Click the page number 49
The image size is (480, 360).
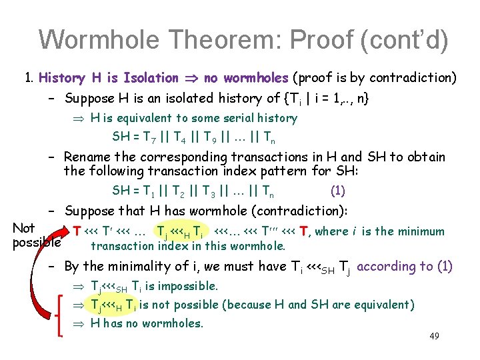(x=434, y=335)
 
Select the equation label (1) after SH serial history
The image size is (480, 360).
(x=337, y=191)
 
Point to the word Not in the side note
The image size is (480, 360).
(x=24, y=228)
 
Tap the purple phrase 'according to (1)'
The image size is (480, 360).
(x=405, y=267)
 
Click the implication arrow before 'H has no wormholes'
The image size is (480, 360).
(x=80, y=324)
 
